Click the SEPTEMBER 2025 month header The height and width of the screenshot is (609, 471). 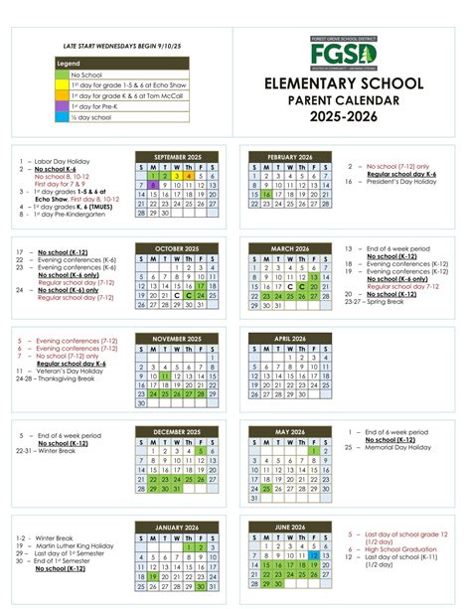click(x=176, y=156)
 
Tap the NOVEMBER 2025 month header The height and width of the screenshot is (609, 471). click(x=176, y=340)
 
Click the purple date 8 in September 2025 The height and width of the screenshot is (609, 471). click(x=153, y=185)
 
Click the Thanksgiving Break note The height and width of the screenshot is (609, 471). click(x=58, y=379)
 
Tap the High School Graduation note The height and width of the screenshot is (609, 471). click(x=400, y=548)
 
